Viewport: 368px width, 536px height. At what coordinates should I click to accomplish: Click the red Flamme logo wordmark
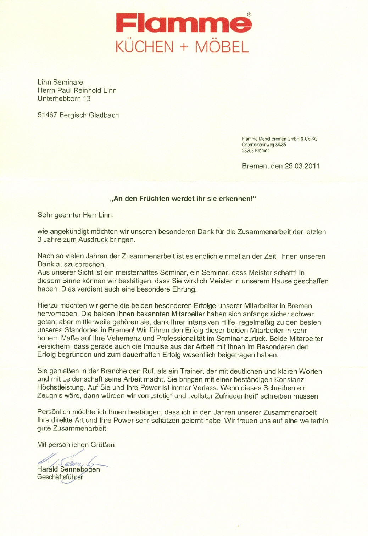coord(184,24)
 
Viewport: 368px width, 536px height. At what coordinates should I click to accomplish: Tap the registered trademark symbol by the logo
coord(249,15)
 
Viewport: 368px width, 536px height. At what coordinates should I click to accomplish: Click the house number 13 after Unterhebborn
coord(87,98)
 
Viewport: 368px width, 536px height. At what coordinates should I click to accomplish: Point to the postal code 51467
coord(47,115)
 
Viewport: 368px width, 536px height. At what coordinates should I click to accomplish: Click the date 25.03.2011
coord(302,166)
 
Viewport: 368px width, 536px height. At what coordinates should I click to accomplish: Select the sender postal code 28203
coord(248,151)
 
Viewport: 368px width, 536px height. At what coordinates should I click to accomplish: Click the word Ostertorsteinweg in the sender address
coord(258,145)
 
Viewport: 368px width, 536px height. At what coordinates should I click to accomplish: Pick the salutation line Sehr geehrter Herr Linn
coord(76,215)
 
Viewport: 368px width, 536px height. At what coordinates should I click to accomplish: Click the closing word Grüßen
coord(102,445)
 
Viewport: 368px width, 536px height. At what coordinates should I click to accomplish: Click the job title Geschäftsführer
coord(60,477)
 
